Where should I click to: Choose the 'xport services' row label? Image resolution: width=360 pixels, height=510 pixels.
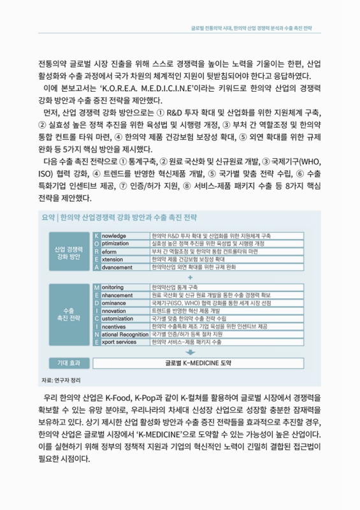(119, 342)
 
